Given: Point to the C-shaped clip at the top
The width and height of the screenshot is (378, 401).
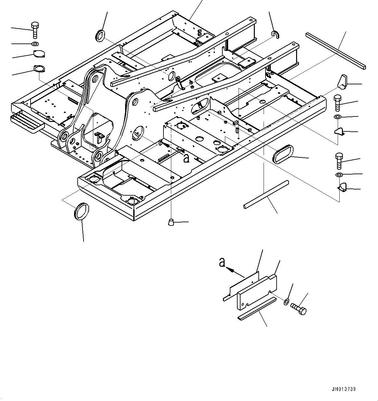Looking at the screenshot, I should (x=275, y=34).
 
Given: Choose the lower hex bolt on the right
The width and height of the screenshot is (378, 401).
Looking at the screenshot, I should (x=338, y=161).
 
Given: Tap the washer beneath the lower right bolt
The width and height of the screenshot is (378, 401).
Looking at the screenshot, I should (x=339, y=175).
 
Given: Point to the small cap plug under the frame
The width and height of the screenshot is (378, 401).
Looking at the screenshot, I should (x=171, y=222).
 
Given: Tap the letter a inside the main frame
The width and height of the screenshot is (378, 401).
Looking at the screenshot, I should (x=186, y=158).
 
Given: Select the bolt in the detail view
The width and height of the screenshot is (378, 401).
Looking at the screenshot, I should (x=299, y=309).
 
